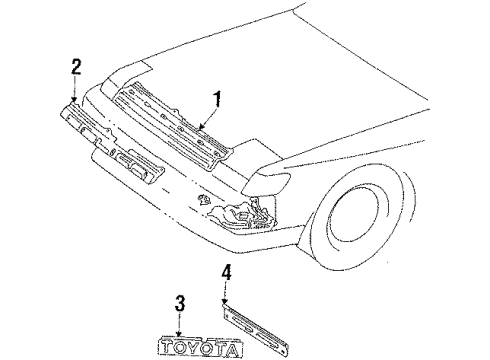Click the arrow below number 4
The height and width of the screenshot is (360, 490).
tap(226, 294)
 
